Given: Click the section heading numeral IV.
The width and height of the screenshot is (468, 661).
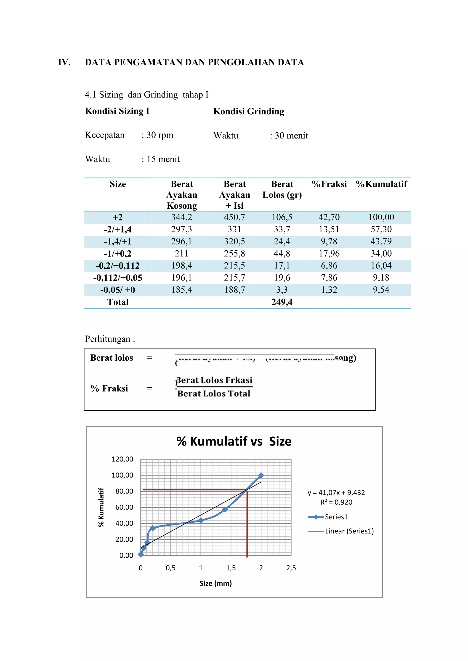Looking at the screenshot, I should (64, 63).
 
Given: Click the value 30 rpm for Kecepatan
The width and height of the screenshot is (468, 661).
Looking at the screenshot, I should (160, 135).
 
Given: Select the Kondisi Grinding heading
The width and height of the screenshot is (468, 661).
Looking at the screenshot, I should (249, 111).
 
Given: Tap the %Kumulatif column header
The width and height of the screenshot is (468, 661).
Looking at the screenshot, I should (381, 184).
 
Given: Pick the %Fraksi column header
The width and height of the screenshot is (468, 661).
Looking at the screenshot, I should (329, 184).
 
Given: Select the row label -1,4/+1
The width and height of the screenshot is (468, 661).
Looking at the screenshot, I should (118, 241).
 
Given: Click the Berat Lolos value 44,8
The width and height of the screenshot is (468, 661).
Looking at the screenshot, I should (282, 253).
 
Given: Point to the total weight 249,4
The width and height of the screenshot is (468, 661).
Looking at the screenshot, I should (282, 302).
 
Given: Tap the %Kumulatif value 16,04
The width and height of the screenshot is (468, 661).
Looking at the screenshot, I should (381, 265).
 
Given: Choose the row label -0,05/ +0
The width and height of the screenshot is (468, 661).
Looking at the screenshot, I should (118, 290).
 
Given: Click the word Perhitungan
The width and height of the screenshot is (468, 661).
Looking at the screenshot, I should (107, 339).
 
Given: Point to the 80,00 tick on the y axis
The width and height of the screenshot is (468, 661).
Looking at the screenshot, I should (124, 491).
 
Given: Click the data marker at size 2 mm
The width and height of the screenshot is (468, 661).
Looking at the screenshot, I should (261, 475).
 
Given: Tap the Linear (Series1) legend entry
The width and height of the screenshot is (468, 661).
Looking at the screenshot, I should (349, 531).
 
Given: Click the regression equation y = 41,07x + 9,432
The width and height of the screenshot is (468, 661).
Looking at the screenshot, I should (336, 493).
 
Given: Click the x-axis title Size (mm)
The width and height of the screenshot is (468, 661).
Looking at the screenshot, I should (215, 583).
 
